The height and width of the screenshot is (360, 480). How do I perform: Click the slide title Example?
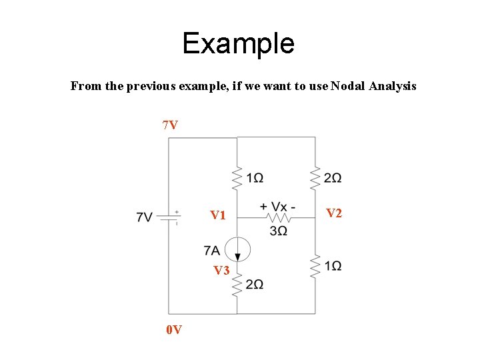[238, 44]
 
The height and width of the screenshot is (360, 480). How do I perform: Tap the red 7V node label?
[170, 125]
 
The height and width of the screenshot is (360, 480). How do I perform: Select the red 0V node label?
[175, 329]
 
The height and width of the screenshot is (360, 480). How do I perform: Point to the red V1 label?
[218, 215]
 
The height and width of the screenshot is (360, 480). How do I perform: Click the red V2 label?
[334, 213]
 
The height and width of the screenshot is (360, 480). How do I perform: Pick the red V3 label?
[221, 271]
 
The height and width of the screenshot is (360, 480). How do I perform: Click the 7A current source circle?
[237, 249]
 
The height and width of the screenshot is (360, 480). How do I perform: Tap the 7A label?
[212, 250]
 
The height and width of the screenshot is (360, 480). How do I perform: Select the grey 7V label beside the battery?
[145, 217]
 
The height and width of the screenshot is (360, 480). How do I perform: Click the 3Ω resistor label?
[279, 231]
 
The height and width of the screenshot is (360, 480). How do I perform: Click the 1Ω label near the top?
[254, 178]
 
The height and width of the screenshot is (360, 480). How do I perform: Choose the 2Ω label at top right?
[333, 178]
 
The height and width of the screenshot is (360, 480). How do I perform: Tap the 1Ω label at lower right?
[333, 266]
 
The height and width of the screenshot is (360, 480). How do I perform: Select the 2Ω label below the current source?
[254, 285]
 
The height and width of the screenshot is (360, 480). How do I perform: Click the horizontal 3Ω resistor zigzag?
[278, 217]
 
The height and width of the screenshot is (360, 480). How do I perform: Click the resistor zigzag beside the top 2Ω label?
[315, 178]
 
